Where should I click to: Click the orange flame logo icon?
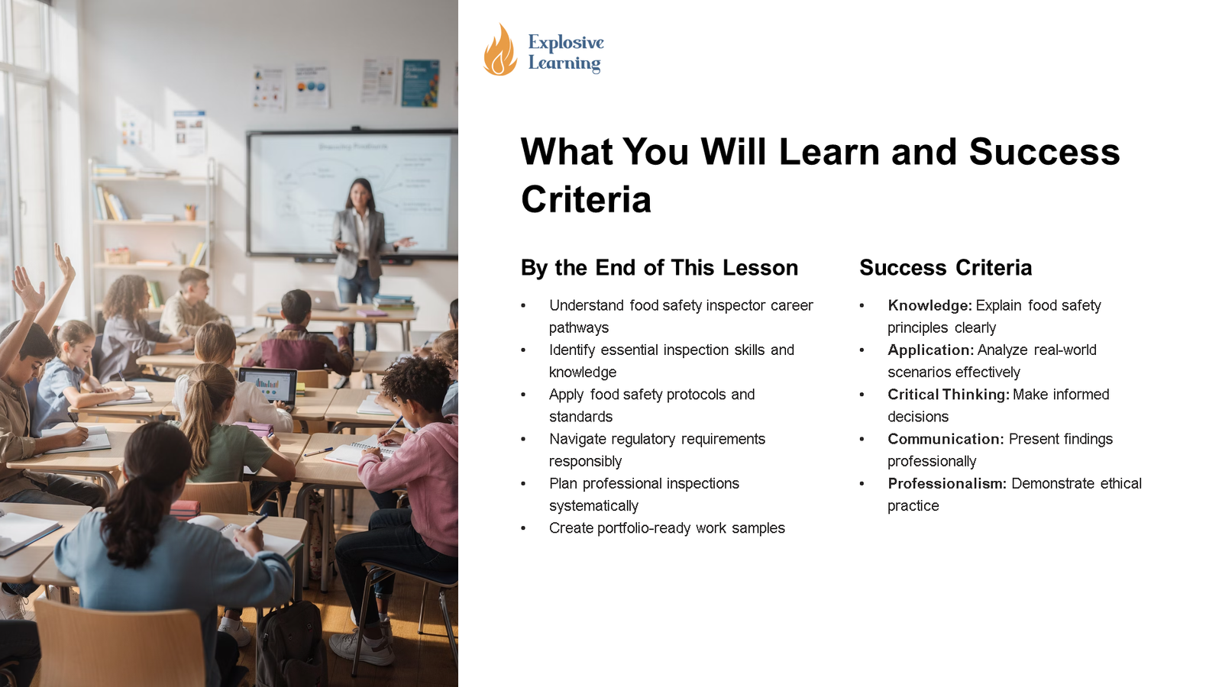499,50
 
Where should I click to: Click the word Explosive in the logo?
566,42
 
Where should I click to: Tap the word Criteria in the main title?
586,199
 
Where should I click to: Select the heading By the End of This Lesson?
659,268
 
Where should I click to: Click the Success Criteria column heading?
946,268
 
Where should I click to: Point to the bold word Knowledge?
929,305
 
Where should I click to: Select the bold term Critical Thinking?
949,394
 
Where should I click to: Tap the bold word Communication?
946,439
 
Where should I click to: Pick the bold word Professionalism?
947,484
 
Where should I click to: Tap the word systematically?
593,506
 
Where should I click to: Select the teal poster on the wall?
420,83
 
